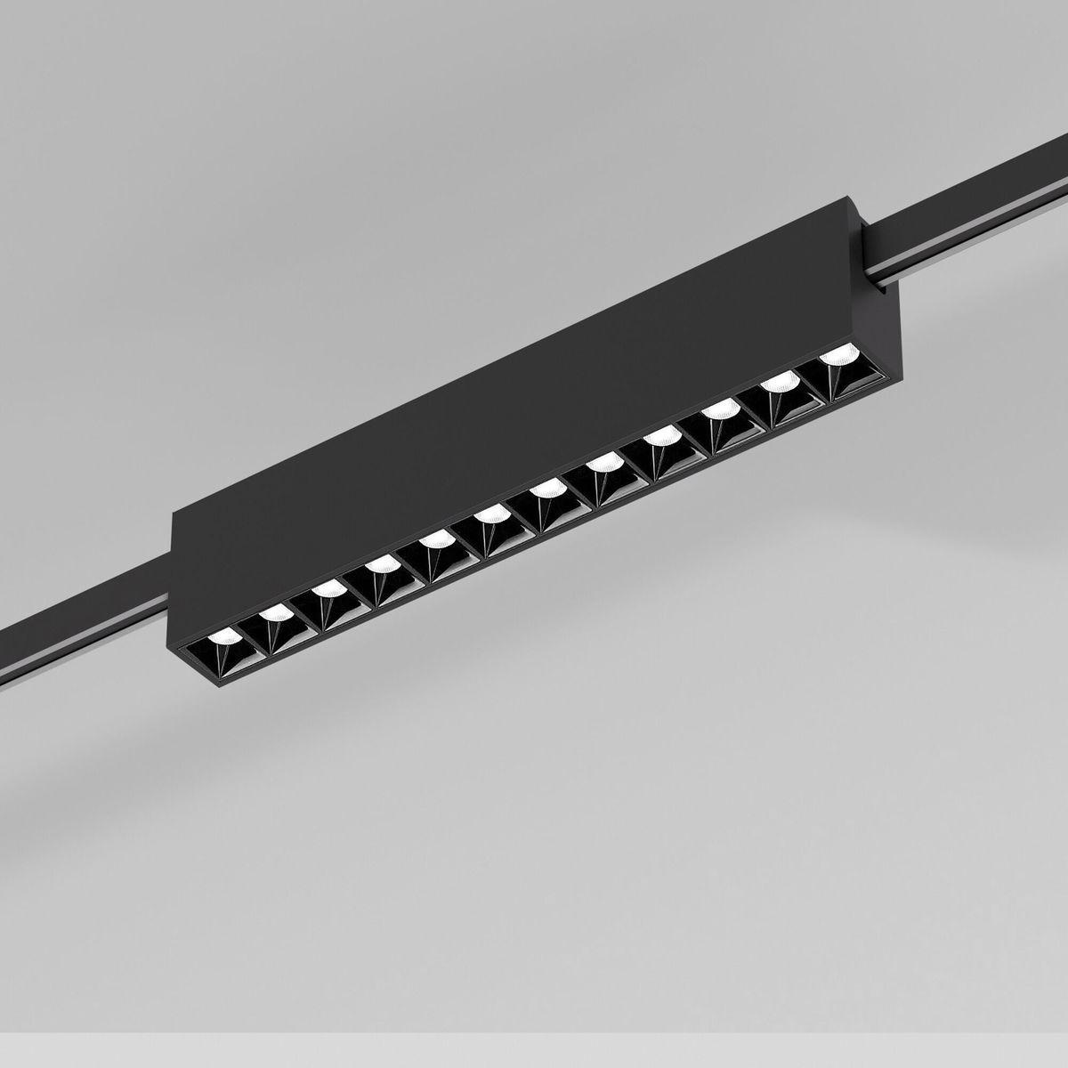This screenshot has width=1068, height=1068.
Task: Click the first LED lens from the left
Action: coord(222,638)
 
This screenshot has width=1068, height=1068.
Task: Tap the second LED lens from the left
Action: coord(274,613)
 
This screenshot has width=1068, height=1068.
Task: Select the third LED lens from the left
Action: coord(328,589)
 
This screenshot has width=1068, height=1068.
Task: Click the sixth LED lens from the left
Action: coord(488,515)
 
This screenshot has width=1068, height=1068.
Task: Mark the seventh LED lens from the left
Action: coord(543,490)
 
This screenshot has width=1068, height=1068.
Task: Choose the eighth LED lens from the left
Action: coord(603,463)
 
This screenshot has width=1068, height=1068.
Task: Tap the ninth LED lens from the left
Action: coord(659,437)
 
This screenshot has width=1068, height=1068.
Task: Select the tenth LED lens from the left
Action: coord(719,409)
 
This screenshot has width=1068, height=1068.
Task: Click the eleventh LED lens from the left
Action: coord(778,383)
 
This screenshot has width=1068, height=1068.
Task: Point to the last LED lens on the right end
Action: coord(835,356)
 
